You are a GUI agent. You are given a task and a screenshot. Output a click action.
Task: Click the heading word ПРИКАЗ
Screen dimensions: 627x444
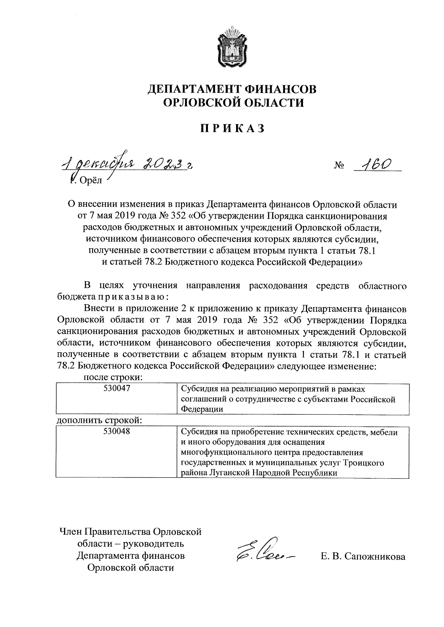click(x=232, y=128)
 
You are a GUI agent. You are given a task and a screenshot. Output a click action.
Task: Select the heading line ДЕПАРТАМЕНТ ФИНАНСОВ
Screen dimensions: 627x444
click(x=232, y=89)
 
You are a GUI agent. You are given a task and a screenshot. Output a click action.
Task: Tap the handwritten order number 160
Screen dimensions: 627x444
click(x=374, y=163)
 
